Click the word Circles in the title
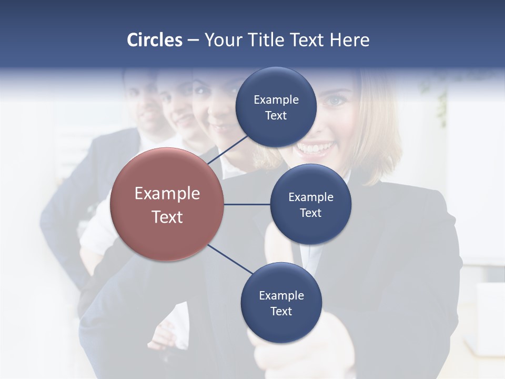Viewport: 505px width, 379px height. point(154,40)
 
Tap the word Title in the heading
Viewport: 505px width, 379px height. point(264,40)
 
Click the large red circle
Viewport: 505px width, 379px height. point(167,204)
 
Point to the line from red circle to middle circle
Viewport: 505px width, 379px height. point(247,204)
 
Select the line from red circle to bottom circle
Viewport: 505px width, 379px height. point(229,259)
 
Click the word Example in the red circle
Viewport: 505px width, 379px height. point(167,194)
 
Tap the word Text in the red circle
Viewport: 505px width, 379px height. point(167,217)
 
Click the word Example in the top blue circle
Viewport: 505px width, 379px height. point(276,99)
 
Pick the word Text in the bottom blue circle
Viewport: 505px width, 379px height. point(281,311)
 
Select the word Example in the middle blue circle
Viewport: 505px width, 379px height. point(311,197)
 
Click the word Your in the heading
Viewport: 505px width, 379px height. point(221,40)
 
